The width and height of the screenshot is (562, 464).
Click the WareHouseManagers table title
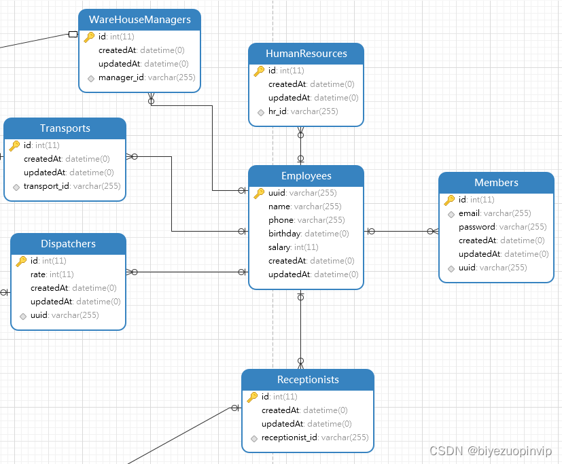139,20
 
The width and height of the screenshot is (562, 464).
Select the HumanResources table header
306,54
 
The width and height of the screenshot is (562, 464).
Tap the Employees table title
306,176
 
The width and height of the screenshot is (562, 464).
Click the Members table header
496,183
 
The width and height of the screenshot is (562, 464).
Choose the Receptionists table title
308,380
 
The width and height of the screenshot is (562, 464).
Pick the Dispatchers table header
68,244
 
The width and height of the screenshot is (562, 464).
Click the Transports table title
65,128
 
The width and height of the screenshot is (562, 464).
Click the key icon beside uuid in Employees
259,193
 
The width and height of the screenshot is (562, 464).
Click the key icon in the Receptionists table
252,397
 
